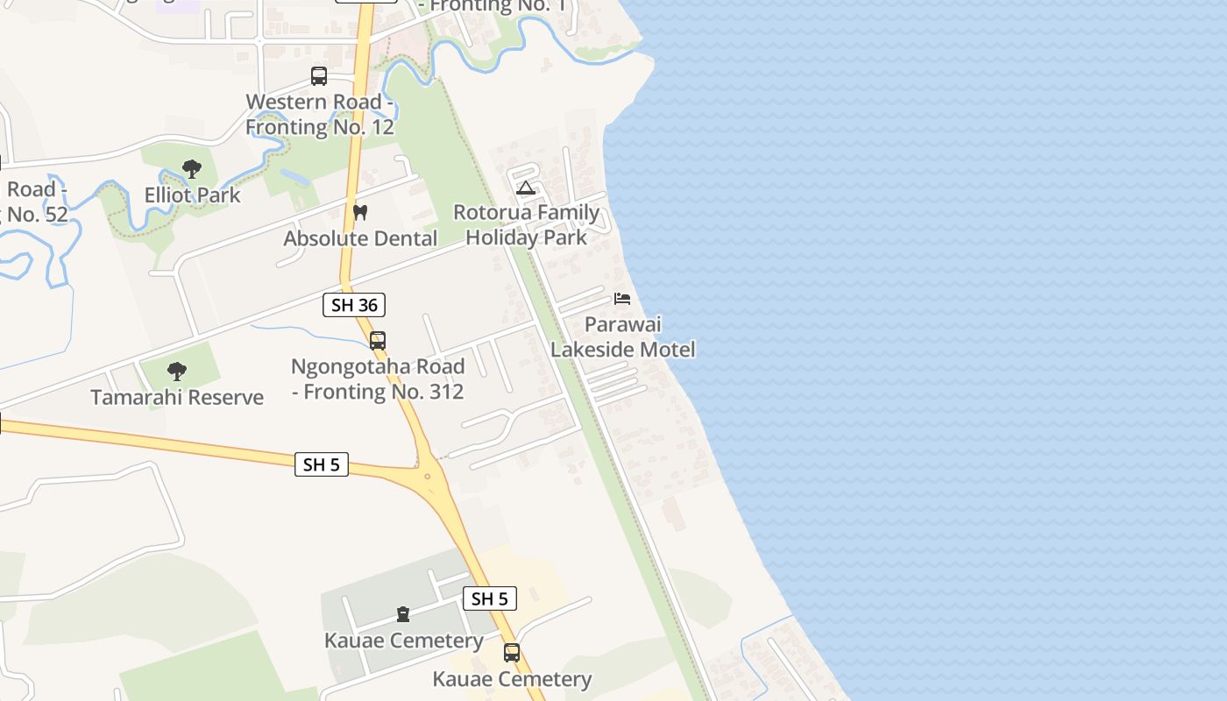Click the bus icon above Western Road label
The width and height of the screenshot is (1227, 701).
click(319, 76)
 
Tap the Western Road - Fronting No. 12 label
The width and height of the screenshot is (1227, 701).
click(319, 114)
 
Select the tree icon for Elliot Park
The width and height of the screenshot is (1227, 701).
click(192, 169)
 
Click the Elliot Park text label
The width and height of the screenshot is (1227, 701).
click(193, 195)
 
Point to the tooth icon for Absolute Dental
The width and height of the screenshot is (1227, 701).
click(360, 213)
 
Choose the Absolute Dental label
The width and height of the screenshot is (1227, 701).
click(360, 238)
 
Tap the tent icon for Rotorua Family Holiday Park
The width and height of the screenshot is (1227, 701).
click(525, 188)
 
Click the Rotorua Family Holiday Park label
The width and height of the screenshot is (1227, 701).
click(526, 224)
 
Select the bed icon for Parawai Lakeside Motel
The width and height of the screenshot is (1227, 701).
click(622, 299)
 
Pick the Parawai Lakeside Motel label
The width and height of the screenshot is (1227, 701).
click(622, 336)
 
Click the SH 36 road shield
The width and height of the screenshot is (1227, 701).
click(354, 305)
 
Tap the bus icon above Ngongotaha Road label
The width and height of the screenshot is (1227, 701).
click(378, 341)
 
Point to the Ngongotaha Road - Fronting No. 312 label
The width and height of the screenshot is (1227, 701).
click(378, 379)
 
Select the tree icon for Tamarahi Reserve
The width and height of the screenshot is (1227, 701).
click(177, 372)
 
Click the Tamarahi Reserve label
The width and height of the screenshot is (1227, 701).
click(177, 397)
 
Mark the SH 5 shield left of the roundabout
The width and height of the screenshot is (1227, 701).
click(322, 464)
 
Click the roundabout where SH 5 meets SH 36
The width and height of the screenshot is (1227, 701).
click(428, 476)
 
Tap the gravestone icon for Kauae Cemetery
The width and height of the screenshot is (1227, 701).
click(403, 614)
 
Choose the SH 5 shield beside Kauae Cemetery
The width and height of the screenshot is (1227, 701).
click(489, 598)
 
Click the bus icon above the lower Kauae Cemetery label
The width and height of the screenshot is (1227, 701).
click(512, 653)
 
